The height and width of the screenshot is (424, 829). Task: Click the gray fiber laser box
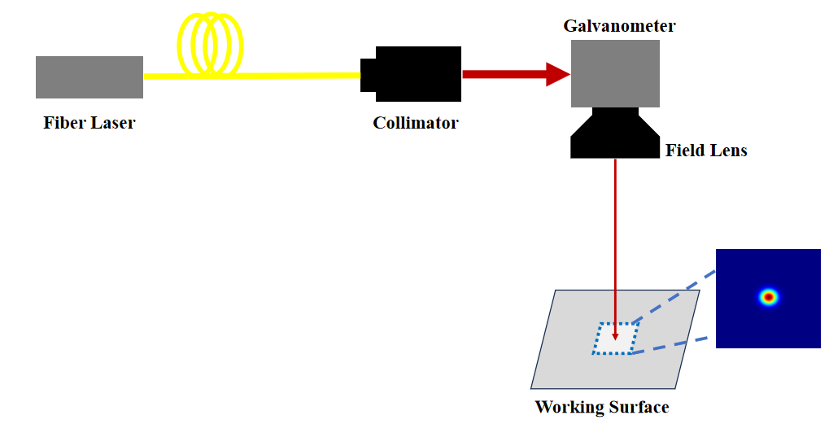pyautogui.click(x=89, y=76)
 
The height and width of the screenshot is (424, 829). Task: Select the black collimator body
pyautogui.click(x=418, y=74)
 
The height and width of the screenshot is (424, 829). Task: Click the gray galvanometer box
pyautogui.click(x=615, y=73)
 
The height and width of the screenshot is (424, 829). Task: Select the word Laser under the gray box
pyautogui.click(x=111, y=124)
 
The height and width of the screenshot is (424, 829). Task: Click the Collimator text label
pyautogui.click(x=416, y=124)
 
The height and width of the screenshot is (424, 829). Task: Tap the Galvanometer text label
pyautogui.click(x=619, y=26)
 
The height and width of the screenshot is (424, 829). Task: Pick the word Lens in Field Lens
pyautogui.click(x=729, y=151)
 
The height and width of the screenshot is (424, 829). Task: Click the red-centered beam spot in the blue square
pyautogui.click(x=768, y=297)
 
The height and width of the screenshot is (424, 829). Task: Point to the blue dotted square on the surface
pyautogui.click(x=596, y=338)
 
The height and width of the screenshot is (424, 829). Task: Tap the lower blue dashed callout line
pyautogui.click(x=672, y=345)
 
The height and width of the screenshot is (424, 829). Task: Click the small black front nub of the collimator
pyautogui.click(x=368, y=75)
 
